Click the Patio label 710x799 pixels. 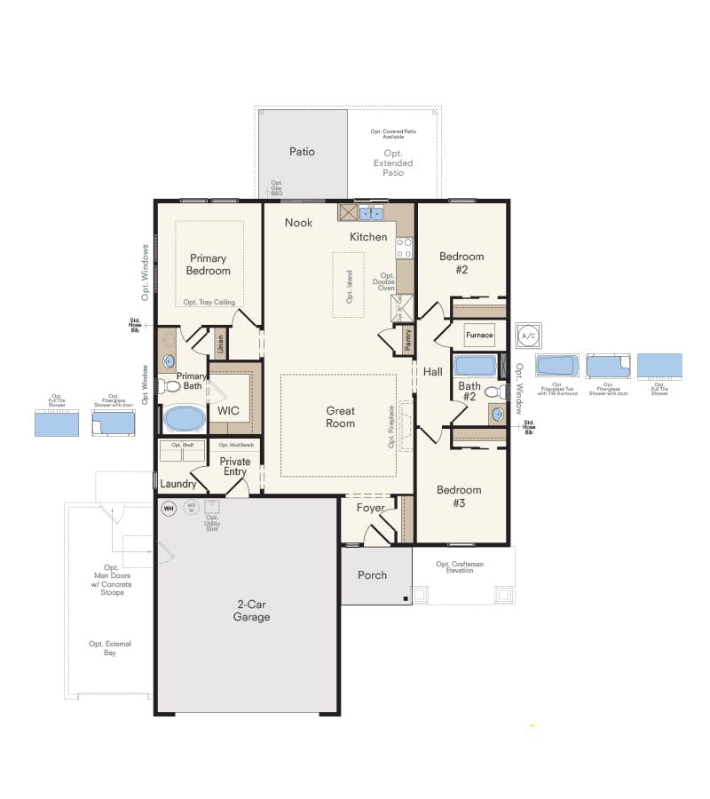point(302,152)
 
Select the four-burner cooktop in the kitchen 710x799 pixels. point(405,248)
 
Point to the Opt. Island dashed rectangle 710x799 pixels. point(349,284)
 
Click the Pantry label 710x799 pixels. point(408,340)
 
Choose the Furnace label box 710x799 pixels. point(479,336)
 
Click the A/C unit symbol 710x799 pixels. point(528,336)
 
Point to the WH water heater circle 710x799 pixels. point(169,509)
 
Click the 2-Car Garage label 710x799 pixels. point(252,611)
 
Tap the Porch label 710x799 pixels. point(372,575)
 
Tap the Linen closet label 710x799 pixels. point(219,342)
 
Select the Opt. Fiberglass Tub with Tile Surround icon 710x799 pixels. point(556,366)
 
